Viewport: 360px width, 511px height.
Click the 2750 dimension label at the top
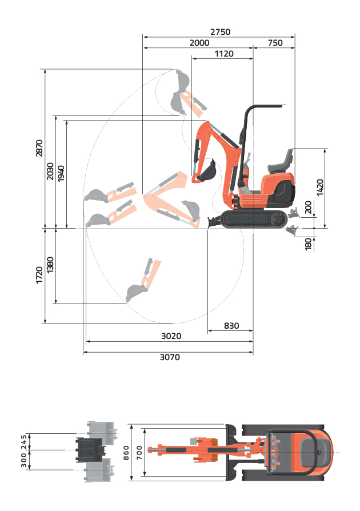(220, 32)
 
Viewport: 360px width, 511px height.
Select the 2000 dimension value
(199, 43)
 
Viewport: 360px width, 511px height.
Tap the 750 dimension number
(275, 43)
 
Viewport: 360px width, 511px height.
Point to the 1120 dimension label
(224, 54)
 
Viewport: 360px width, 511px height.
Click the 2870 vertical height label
(39, 148)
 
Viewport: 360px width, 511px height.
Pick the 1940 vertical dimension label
(61, 173)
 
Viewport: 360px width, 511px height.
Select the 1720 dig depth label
(39, 275)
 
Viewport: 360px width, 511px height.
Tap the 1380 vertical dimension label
(50, 265)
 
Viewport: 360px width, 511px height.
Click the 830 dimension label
(231, 326)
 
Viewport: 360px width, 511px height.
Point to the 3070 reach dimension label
(170, 357)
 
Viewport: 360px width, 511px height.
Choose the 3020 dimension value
(171, 336)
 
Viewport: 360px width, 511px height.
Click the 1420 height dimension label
(320, 187)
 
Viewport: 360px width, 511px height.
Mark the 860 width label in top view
(126, 453)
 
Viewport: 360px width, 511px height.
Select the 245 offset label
(24, 442)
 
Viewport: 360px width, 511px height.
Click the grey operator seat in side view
(281, 161)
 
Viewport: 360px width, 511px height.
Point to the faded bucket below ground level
(136, 292)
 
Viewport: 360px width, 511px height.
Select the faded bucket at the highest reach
(182, 80)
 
